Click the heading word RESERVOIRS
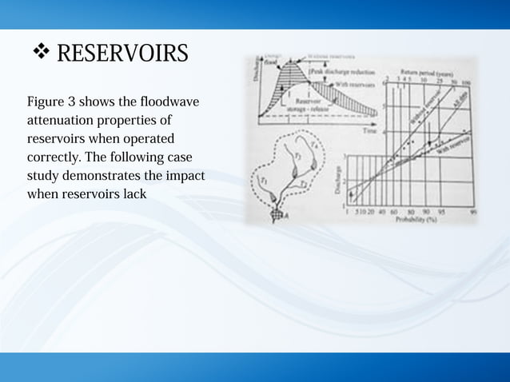point(122,54)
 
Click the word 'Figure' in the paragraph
point(46,103)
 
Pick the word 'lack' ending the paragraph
point(133,193)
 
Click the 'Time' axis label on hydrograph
point(369,130)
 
